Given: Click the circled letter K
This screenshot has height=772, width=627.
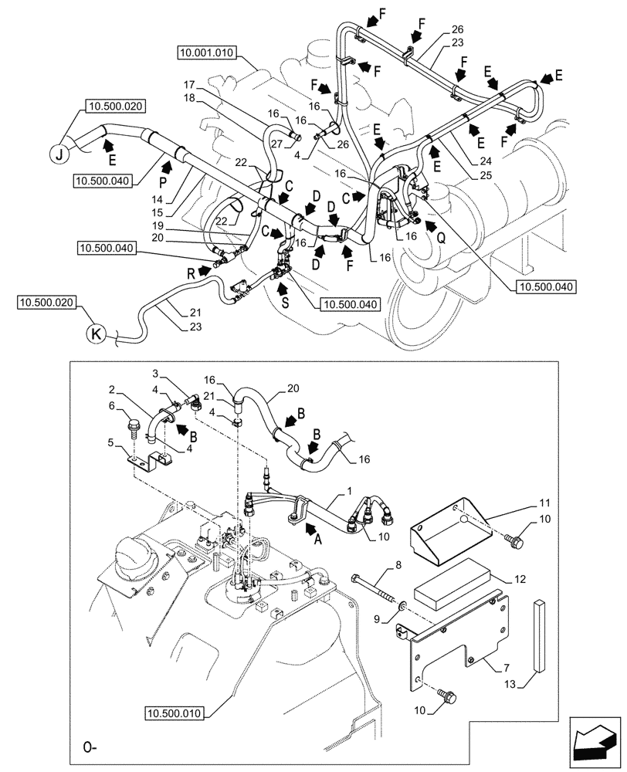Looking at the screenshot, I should tap(96, 334).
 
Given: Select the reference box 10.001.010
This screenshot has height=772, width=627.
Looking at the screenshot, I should tap(206, 52).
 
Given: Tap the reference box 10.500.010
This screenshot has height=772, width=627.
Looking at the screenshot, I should tap(176, 713).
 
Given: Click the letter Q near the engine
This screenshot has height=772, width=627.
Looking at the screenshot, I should tap(440, 239).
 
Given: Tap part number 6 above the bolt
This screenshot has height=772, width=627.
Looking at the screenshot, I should tap(113, 406).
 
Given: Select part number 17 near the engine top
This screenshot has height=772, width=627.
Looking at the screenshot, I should tap(189, 83).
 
